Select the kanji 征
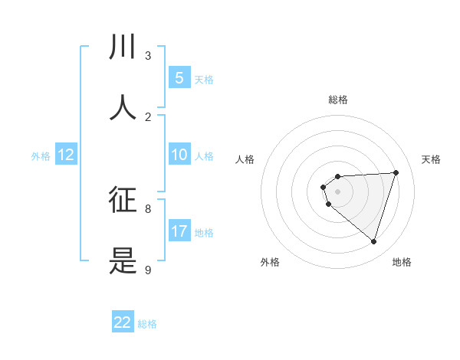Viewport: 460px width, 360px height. (x=123, y=200)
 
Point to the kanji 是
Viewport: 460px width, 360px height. (x=123, y=260)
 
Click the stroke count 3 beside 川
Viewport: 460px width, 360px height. (x=148, y=56)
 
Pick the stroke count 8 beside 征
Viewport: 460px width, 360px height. (x=148, y=208)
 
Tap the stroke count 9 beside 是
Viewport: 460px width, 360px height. (x=148, y=270)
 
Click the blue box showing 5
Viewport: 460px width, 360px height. (x=179, y=78)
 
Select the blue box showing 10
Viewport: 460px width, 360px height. (x=179, y=155)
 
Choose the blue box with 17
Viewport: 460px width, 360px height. (x=179, y=231)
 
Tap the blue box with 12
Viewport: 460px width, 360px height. (x=66, y=155)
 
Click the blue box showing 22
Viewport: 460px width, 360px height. (x=123, y=322)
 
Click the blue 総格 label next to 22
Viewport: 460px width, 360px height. (x=147, y=324)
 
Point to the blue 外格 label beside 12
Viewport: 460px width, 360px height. (x=41, y=156)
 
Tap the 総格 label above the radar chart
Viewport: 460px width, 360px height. (x=337, y=100)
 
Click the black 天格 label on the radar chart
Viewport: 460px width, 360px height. (x=431, y=159)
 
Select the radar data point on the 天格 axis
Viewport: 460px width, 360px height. (x=396, y=172)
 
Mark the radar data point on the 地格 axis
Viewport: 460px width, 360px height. (x=373, y=241)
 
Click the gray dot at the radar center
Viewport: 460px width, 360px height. (x=337, y=191)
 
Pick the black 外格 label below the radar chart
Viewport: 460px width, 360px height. (x=270, y=262)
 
